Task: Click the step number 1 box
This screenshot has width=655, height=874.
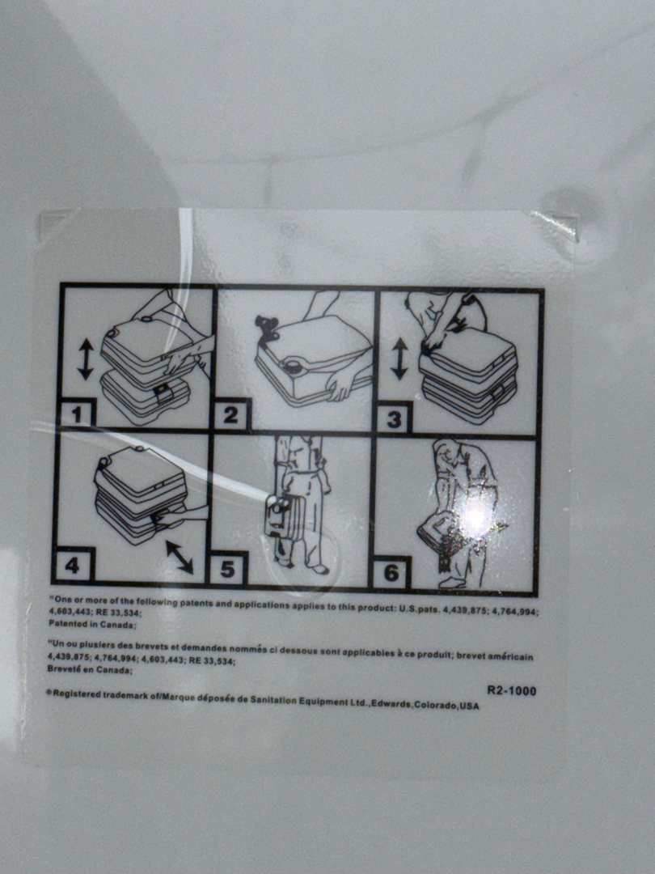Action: [x=77, y=414]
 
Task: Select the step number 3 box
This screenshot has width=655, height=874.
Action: [x=394, y=418]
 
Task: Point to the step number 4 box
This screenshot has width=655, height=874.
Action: [x=74, y=565]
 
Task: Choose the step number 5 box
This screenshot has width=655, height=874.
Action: [x=227, y=569]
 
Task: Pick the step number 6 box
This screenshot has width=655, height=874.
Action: [x=391, y=572]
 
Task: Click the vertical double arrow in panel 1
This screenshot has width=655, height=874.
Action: [x=85, y=359]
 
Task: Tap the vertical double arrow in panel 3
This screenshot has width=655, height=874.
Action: [x=399, y=359]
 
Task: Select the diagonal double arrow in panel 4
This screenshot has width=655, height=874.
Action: [x=180, y=557]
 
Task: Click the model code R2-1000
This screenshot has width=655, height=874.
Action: [x=511, y=690]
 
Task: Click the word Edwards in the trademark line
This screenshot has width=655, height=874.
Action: [x=391, y=703]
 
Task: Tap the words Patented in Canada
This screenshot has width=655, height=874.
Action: [x=92, y=625]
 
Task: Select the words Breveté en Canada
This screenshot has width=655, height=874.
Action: [x=90, y=670]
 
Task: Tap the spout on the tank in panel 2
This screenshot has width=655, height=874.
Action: [x=266, y=325]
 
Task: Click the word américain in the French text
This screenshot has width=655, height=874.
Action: [x=510, y=656]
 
